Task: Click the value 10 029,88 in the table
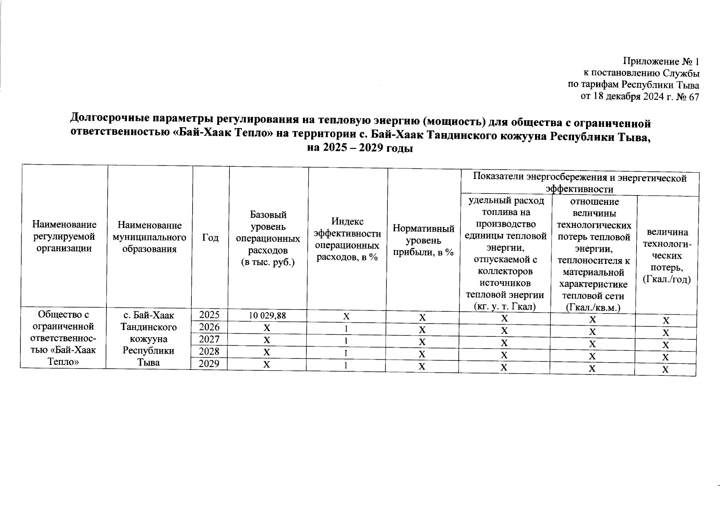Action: click(267, 315)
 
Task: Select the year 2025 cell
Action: click(210, 315)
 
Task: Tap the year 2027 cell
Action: click(210, 339)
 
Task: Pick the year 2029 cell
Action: click(210, 364)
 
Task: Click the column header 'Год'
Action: click(210, 238)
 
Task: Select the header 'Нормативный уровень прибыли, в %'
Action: click(423, 240)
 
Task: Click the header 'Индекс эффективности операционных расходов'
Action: click(347, 239)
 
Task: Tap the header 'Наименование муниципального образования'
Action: click(149, 237)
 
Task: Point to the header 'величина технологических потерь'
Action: click(666, 255)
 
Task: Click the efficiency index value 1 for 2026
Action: click(347, 329)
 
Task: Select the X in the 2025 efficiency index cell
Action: click(347, 316)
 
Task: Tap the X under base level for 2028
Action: click(266, 352)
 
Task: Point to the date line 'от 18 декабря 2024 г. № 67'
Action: click(639, 97)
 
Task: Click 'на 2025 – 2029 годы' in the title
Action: click(360, 149)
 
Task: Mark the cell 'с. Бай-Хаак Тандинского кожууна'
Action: click(148, 338)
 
